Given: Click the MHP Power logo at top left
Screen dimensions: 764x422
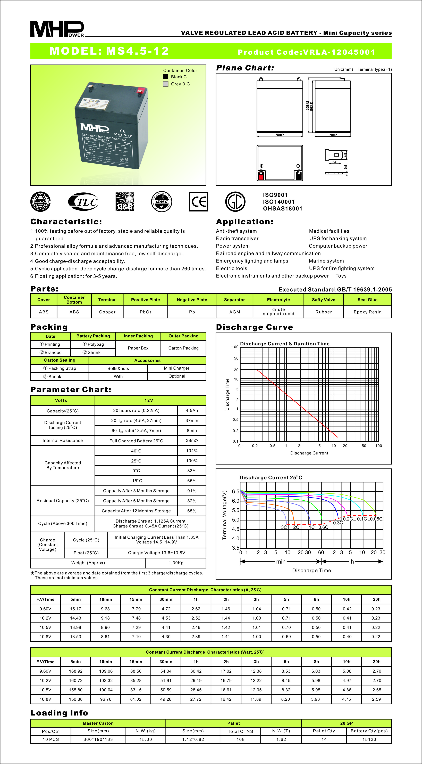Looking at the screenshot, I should click(57, 29).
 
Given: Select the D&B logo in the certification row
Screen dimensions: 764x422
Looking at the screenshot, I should click(124, 202).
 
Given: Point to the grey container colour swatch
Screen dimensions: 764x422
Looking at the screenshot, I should click(166, 84).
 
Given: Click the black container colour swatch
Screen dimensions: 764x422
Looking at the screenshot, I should click(166, 77).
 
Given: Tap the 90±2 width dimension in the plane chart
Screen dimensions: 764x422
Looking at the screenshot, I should click(280, 135).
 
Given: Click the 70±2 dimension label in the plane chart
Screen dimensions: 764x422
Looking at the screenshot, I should click(333, 135).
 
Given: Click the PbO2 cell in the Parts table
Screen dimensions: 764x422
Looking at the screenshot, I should click(146, 312).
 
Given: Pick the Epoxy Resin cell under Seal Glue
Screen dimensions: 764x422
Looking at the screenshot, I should click(367, 312).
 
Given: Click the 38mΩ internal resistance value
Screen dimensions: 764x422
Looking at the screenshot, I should click(192, 440).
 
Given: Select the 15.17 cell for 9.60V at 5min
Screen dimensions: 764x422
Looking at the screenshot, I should click(75, 609).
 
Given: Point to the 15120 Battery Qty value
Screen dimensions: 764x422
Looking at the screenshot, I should click(369, 739).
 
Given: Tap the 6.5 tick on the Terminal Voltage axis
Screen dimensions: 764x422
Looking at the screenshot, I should click(236, 491).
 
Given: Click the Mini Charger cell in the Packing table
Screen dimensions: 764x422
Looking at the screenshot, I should click(177, 368).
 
